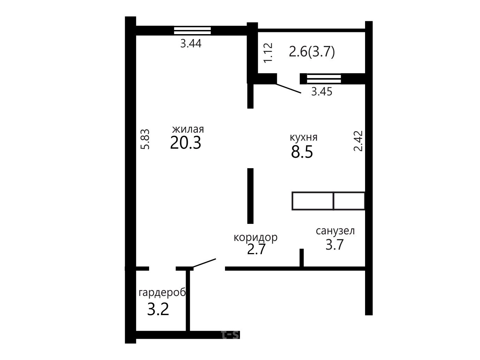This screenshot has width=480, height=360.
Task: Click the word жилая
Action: [x=188, y=129]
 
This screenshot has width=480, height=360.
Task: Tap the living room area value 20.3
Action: [x=185, y=143]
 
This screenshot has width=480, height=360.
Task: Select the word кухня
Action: [x=303, y=138]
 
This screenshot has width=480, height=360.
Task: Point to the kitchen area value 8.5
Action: [x=302, y=152]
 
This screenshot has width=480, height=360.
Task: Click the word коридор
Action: [x=255, y=237]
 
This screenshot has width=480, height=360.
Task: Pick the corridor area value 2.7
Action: [x=256, y=249]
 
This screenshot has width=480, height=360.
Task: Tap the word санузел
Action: [x=335, y=231]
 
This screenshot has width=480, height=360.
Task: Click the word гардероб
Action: [x=162, y=293]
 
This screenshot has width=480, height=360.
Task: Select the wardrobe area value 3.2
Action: [x=158, y=309]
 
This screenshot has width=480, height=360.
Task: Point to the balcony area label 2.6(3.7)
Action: [x=312, y=52]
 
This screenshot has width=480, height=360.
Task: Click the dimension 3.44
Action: [x=191, y=43]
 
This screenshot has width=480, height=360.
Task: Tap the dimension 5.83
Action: [x=145, y=139]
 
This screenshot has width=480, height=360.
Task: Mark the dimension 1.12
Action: [x=268, y=53]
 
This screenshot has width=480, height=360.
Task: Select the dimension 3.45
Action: [x=322, y=91]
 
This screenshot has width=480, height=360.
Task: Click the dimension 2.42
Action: [x=358, y=141]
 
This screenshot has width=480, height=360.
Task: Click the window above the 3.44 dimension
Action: [x=192, y=31]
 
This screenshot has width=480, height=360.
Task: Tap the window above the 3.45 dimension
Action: [x=324, y=79]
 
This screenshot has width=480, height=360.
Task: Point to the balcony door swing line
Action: [x=289, y=88]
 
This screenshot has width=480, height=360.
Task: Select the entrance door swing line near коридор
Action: [x=204, y=263]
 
